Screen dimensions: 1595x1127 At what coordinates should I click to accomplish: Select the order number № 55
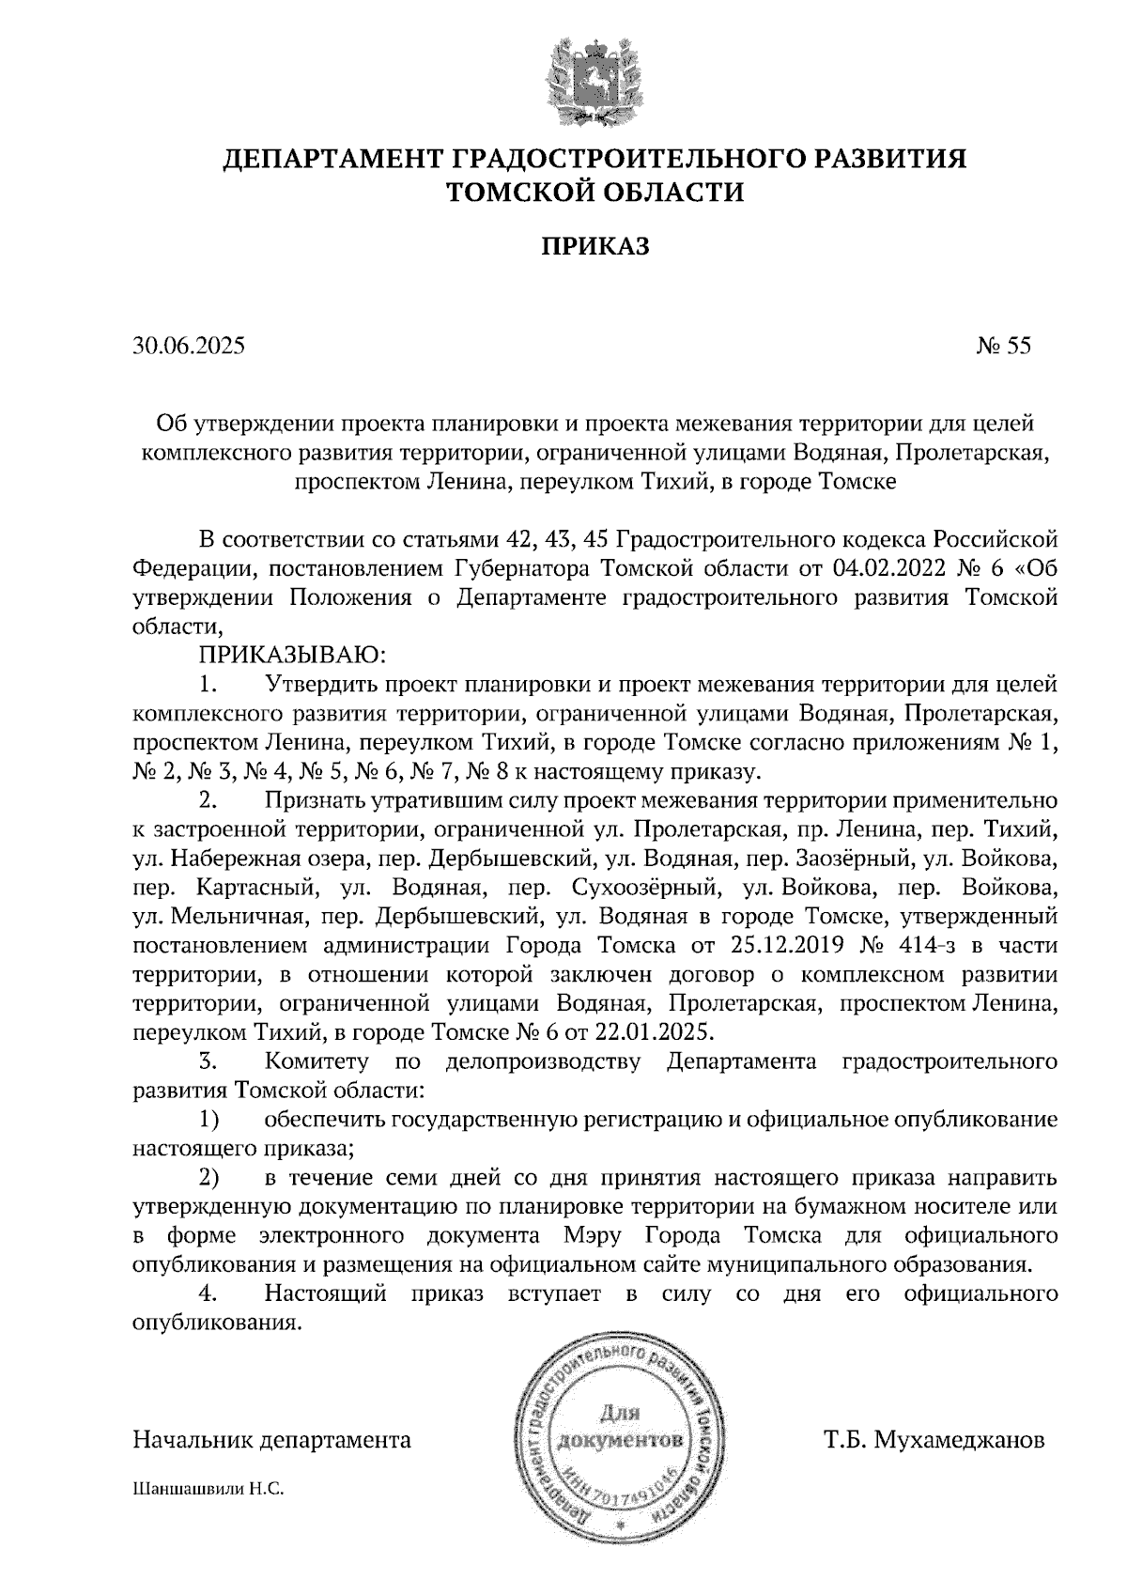click(x=1003, y=347)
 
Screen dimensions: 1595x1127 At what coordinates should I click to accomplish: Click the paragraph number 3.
click(x=208, y=1062)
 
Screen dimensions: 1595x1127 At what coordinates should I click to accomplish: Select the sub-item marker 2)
click(x=208, y=1178)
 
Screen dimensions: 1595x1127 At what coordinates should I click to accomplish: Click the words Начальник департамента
click(x=272, y=1440)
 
